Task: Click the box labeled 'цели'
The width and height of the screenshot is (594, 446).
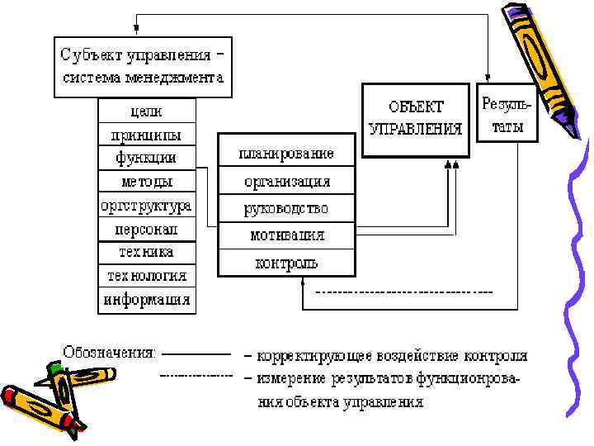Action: tap(147, 110)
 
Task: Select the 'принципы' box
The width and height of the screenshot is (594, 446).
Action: tap(147, 134)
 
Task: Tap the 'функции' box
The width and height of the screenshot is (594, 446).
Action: tap(147, 157)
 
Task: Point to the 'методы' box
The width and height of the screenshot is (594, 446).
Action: tap(147, 181)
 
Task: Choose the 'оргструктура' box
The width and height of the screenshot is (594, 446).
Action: tap(147, 205)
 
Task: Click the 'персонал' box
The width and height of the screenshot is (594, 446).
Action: tap(147, 228)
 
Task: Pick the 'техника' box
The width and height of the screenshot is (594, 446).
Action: tap(147, 251)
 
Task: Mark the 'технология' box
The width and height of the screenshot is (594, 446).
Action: tap(147, 275)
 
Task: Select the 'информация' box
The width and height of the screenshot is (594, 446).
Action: tap(147, 299)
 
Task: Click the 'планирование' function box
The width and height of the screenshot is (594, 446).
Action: tap(286, 154)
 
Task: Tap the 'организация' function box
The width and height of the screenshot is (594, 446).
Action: tap(286, 181)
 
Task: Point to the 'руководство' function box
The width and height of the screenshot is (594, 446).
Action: tap(286, 208)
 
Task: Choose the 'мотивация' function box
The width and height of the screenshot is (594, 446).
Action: tap(286, 235)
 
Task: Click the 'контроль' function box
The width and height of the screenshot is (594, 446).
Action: tap(286, 263)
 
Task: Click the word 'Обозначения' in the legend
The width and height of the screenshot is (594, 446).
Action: tap(108, 352)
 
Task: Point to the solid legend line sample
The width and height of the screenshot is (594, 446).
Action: tap(198, 353)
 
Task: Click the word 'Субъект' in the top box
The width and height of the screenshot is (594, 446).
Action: tap(91, 55)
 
